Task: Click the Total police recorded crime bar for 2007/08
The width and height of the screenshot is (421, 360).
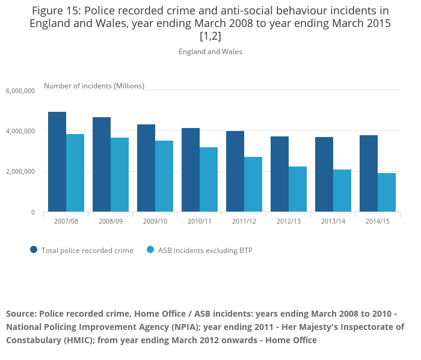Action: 57,162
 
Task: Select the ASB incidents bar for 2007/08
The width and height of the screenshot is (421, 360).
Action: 75,173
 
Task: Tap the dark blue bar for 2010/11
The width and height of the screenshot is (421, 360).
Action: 191,170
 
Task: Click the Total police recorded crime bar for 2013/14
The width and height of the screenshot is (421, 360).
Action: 324,174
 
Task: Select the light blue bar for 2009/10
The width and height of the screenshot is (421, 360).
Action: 164,176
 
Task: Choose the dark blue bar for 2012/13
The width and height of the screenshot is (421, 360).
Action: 280,174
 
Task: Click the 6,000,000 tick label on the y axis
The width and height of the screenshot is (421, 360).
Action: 21,91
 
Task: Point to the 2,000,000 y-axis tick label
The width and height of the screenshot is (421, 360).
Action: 21,172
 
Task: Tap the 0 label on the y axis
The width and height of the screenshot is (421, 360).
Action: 33,212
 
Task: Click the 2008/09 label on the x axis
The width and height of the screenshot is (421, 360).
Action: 111,222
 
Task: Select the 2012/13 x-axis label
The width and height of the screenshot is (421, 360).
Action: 289,222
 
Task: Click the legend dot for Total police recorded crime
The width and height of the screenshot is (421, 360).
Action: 34,250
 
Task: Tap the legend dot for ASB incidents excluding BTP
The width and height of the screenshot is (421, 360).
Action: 150,250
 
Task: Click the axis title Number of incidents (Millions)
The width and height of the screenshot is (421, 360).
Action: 94,86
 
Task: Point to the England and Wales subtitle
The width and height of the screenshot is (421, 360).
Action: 210,52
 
